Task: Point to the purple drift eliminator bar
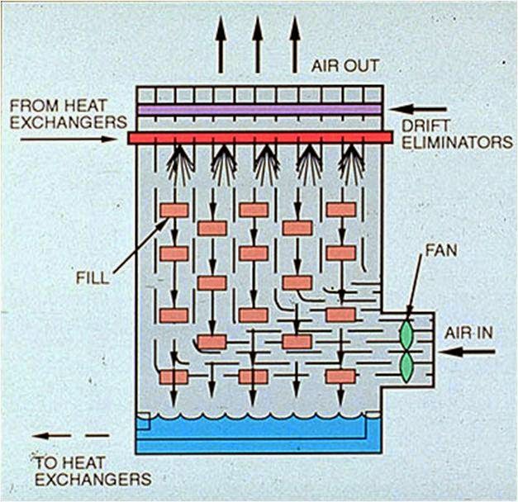point(259,109)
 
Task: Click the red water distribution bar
point(259,137)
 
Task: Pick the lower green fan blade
point(406,367)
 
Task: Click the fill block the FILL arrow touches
point(174,210)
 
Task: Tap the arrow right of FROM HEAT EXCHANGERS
point(69,139)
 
